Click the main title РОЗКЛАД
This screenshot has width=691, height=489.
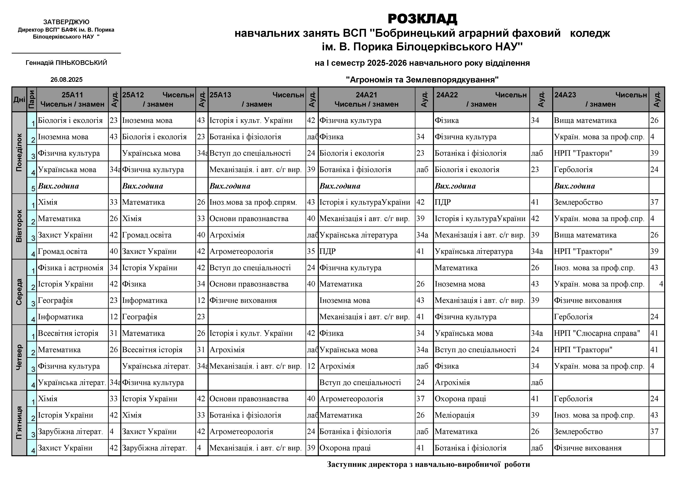(422, 19)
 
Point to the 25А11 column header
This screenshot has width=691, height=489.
(72, 99)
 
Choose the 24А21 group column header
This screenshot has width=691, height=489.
(366, 99)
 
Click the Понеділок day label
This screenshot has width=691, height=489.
(19, 153)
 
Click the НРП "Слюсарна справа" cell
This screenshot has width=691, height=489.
(597, 333)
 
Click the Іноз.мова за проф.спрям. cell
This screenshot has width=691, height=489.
(253, 202)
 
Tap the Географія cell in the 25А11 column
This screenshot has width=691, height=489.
(55, 300)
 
